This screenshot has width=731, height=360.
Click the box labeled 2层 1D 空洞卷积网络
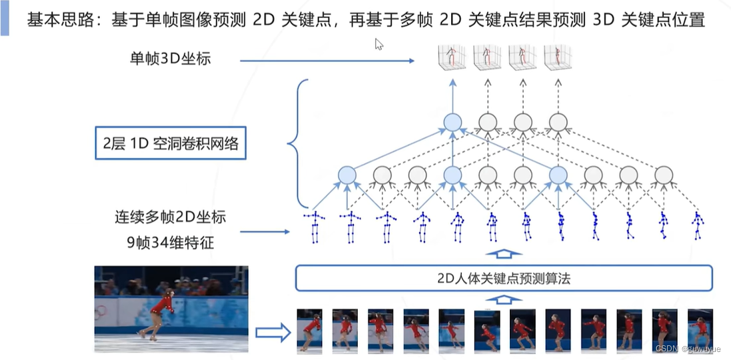pos(171,143)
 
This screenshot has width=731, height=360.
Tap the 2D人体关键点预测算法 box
pos(503,278)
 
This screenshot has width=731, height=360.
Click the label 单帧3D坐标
pos(171,59)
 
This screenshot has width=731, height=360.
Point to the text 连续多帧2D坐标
pos(170,217)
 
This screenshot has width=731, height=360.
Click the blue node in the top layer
pos(452,122)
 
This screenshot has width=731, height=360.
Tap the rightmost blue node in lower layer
pos(558,175)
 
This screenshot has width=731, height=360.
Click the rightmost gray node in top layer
pos(558,122)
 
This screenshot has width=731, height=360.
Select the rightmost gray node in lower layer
pos(663,175)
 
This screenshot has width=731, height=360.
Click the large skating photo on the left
pos(171,309)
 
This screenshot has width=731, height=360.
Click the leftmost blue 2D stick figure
pos(314,227)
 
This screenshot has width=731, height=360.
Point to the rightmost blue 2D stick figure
pos(697,226)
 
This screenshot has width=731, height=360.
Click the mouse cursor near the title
pos(378,44)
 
